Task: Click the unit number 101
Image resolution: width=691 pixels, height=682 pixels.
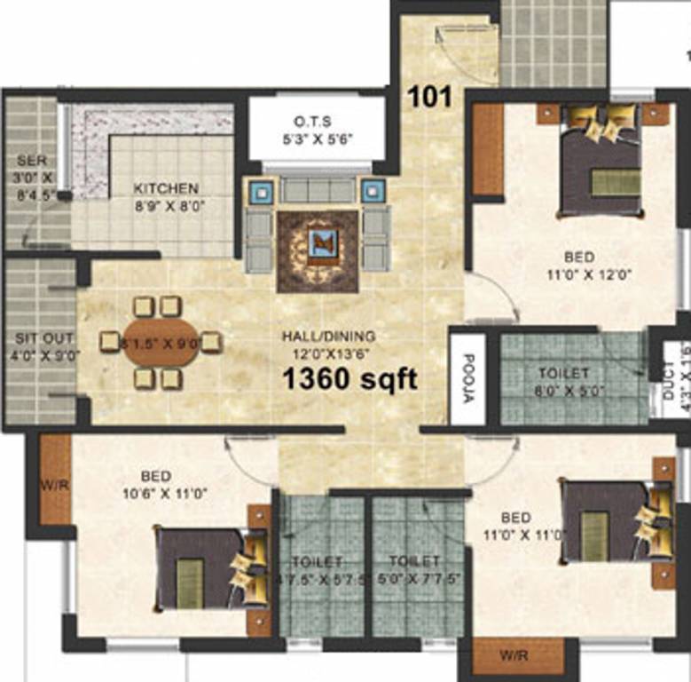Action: click(x=429, y=96)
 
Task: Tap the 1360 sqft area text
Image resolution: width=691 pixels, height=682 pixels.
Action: click(x=349, y=379)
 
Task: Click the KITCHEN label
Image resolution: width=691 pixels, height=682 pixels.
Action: click(x=166, y=188)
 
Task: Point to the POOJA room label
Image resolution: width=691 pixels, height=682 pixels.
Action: click(x=468, y=378)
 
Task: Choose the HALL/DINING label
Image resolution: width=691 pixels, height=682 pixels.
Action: click(x=328, y=337)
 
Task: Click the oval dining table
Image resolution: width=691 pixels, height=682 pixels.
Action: click(x=161, y=343)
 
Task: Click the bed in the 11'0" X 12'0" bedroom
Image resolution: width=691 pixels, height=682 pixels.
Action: click(x=601, y=169)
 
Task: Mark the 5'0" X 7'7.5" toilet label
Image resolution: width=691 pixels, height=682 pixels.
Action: click(x=415, y=562)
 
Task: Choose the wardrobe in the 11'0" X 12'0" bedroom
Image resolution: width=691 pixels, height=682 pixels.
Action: click(x=487, y=149)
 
